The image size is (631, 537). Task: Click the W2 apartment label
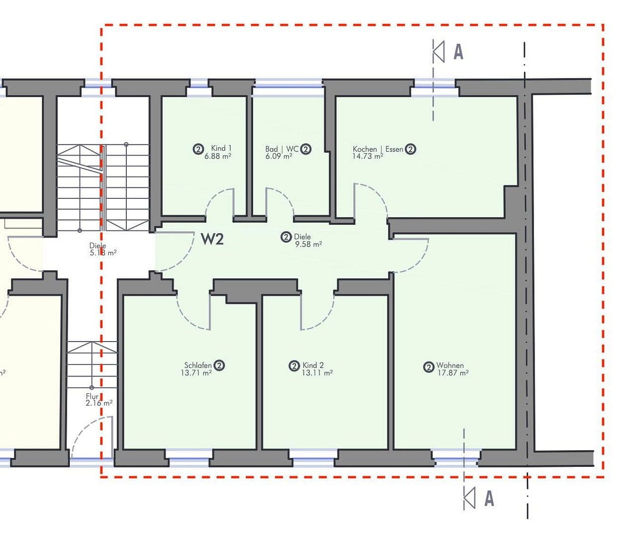pos(212,239)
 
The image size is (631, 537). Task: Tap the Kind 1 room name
pos(221,148)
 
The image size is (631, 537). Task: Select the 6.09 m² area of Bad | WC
pos(278,156)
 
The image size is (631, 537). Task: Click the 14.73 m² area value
pos(367,157)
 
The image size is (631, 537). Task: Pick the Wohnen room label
pos(450,365)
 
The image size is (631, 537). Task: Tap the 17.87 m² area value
pos(452,372)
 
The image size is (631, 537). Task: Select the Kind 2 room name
pos(313,365)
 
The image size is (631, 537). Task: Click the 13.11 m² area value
pos(317,372)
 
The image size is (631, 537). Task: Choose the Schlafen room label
pos(198,365)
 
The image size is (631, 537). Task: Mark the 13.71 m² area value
pos(196,372)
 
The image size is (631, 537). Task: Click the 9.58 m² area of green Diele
pos(308,244)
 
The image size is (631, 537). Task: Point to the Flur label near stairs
pos(92,396)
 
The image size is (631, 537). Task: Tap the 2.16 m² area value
pos(98,403)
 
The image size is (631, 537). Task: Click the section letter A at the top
pos(458,52)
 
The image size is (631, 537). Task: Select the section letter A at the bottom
pos(489,498)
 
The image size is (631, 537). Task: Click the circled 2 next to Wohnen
pos(429,367)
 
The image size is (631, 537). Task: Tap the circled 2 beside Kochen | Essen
pos(410,149)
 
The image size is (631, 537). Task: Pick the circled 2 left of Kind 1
pos(198,149)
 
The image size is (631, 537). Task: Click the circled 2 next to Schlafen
pos(219,365)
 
